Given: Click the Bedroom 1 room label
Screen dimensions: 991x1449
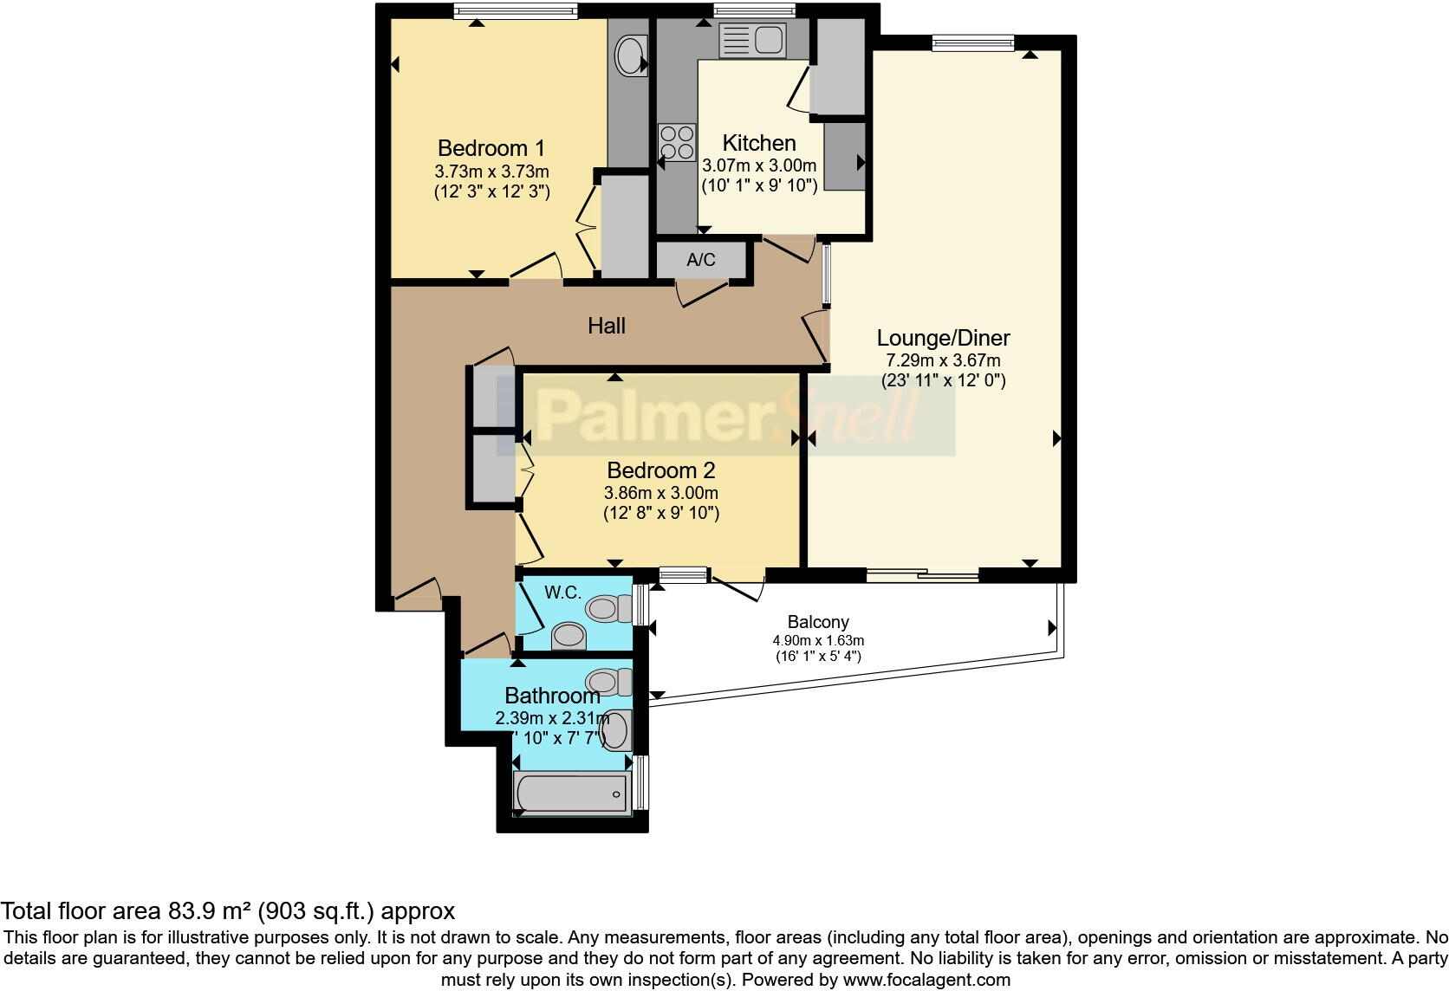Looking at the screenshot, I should (491, 148).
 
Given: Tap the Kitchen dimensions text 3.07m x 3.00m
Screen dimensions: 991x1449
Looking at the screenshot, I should (758, 165).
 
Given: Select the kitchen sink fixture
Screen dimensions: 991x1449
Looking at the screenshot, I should (752, 40).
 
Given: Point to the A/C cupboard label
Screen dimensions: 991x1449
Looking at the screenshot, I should (701, 260).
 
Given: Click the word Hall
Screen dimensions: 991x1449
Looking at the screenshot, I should (606, 326).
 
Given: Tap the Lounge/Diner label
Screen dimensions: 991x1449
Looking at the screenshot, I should (943, 338).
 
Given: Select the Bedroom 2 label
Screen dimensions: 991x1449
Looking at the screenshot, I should (660, 470).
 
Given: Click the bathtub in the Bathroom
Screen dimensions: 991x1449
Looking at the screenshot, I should (570, 793).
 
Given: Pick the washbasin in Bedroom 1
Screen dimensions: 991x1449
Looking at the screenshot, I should (629, 56).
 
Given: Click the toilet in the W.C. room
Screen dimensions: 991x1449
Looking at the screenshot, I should (609, 608).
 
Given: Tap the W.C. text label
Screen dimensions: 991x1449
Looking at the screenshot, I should (562, 593).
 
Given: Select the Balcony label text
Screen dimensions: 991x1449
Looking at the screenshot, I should (817, 622).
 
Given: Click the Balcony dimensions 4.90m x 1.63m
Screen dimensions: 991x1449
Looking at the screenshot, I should (818, 640).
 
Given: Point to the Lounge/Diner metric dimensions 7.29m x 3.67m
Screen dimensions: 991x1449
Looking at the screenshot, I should (943, 360).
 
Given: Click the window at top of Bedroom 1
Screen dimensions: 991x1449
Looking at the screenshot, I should (515, 11).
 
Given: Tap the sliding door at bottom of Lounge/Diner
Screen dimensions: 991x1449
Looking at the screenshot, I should (922, 573).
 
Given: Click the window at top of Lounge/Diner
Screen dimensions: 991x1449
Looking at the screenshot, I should (972, 42).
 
